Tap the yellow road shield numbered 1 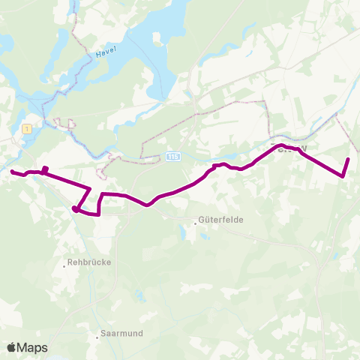click(28, 129)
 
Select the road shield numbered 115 click(172, 156)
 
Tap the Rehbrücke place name click(90, 263)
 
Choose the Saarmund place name click(121, 332)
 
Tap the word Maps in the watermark click(34, 347)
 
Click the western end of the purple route click(12, 172)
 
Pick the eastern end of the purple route click(349, 160)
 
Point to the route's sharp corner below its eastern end click(343, 176)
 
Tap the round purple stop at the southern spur click(76, 209)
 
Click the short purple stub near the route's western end click(46, 169)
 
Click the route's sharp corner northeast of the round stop click(91, 188)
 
